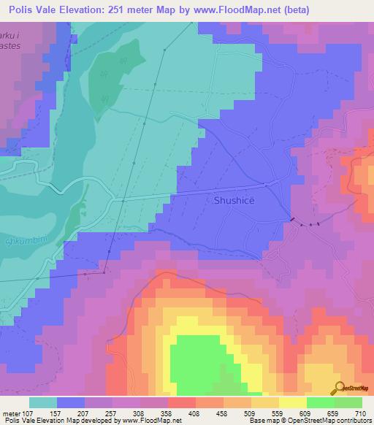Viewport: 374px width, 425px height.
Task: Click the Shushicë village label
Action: [x=234, y=200]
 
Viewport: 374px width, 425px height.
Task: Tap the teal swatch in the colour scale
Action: [x=43, y=402]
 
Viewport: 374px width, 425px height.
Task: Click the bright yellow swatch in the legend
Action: [x=292, y=402]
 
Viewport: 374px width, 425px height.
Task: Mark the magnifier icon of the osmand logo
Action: [x=339, y=388]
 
